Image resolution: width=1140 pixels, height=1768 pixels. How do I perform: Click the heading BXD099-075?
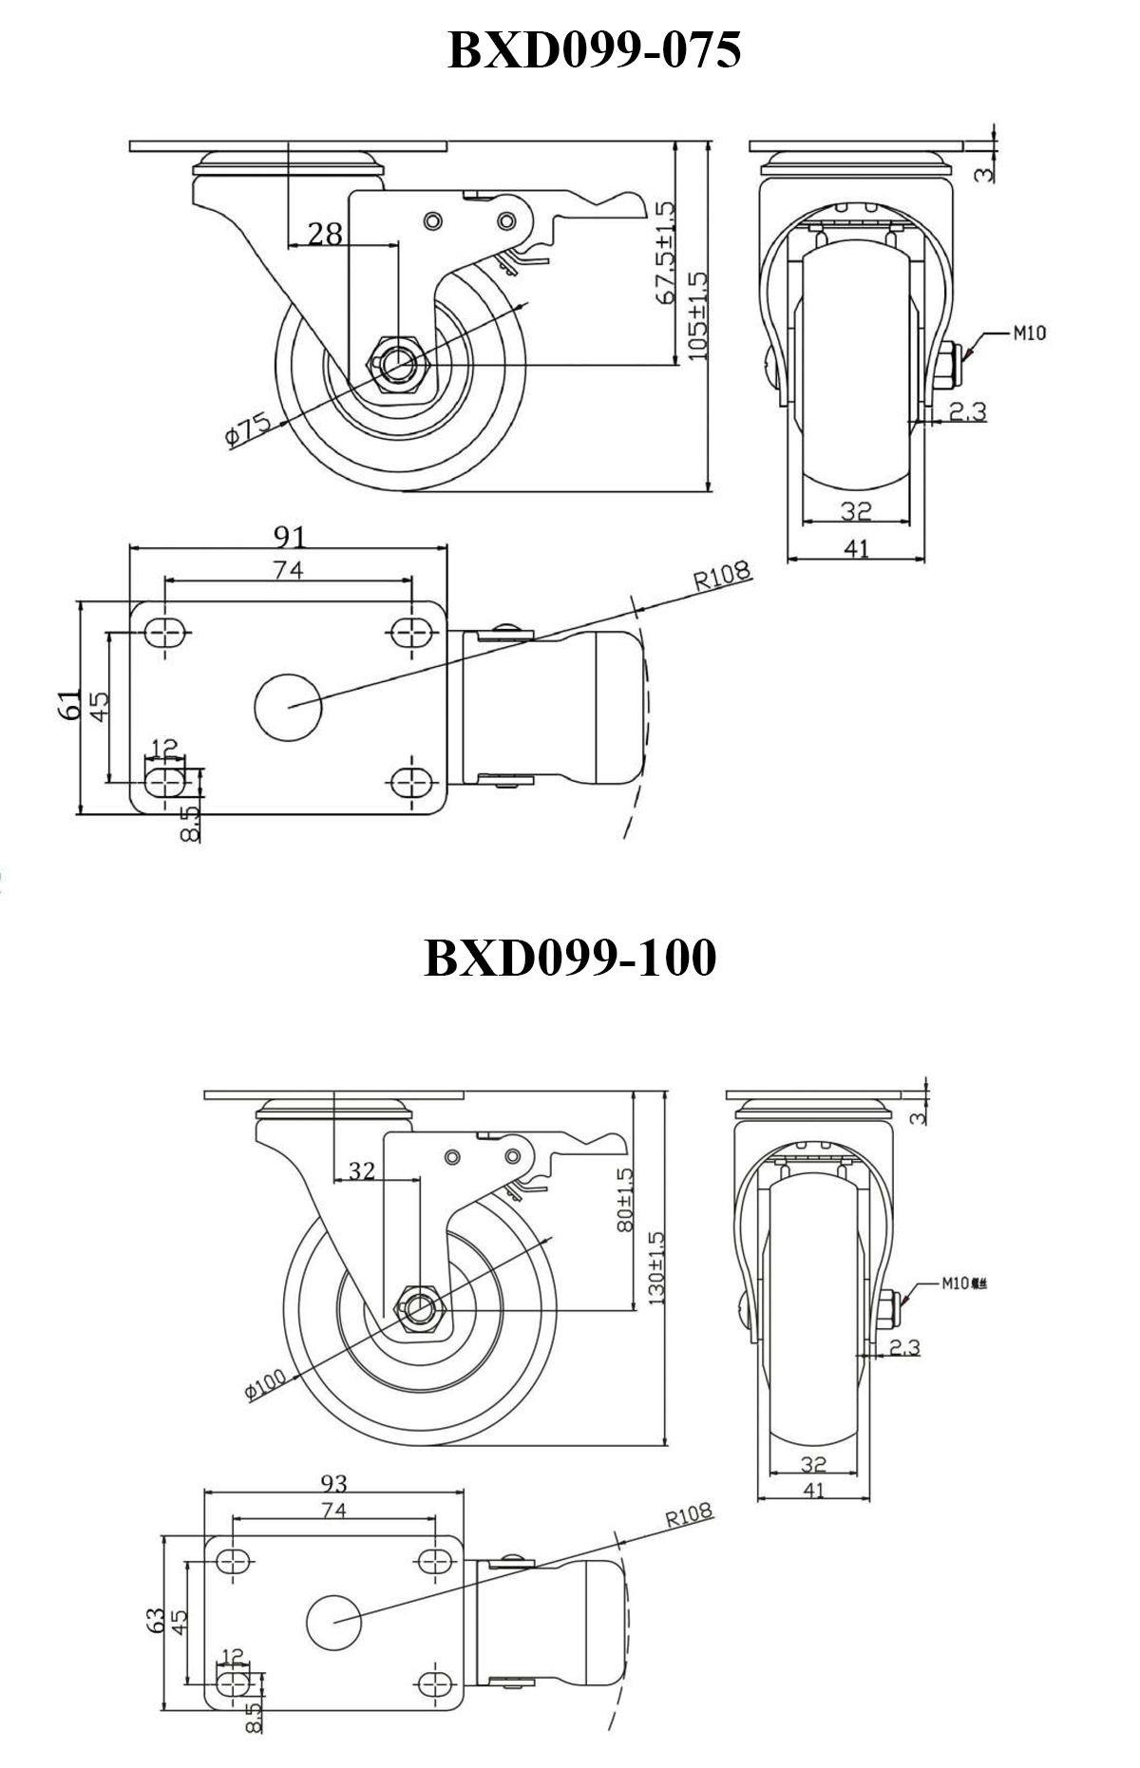click(x=594, y=50)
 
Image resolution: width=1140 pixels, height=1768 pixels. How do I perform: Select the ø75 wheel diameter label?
click(x=249, y=430)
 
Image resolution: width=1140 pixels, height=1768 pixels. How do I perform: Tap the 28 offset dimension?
click(x=325, y=234)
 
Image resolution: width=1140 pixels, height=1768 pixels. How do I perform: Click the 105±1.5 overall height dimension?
click(x=698, y=316)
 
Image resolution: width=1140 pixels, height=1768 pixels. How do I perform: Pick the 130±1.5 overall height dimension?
click(x=655, y=1267)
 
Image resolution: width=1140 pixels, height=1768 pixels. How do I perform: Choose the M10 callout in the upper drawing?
click(x=1029, y=333)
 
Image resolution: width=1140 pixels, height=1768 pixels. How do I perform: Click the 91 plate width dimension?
click(x=290, y=537)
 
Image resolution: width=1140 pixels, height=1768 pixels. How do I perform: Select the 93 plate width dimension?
click(x=333, y=1483)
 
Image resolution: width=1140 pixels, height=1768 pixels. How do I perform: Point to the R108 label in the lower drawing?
click(x=688, y=1514)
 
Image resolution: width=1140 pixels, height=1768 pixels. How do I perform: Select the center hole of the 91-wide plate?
click(x=289, y=707)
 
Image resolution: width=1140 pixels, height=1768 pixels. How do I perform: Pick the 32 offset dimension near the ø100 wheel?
click(x=361, y=1171)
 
